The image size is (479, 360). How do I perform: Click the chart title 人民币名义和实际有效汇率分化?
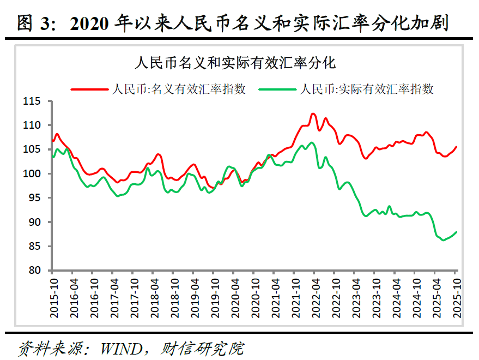click(x=235, y=62)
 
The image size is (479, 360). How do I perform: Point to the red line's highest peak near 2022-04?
click(x=313, y=113)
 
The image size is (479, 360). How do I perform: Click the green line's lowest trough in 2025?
click(x=442, y=240)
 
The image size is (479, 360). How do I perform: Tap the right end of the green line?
click(x=457, y=232)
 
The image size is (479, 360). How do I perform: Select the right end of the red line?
click(x=457, y=146)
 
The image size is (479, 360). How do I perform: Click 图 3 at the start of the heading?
click(x=34, y=23)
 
